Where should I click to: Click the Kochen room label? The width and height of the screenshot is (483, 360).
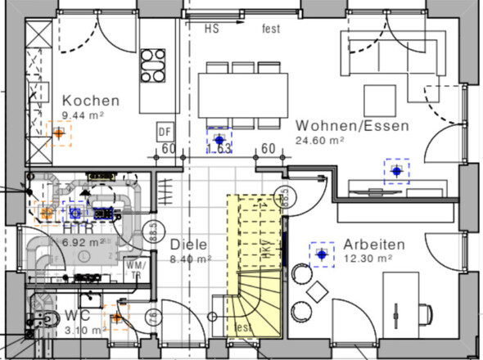91,101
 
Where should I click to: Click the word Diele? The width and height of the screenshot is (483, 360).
188,245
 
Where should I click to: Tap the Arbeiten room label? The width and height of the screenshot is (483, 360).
375,244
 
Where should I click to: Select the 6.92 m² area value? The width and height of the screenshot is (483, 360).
81,243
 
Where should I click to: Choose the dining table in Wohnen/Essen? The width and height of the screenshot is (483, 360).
244,89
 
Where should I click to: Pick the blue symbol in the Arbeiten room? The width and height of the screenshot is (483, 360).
322,254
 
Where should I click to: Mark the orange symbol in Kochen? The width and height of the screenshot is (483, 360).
59,133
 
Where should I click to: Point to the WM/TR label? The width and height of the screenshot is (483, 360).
135,270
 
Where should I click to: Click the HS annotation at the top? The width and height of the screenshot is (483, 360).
212,29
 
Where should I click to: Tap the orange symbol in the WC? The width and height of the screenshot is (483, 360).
117,317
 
